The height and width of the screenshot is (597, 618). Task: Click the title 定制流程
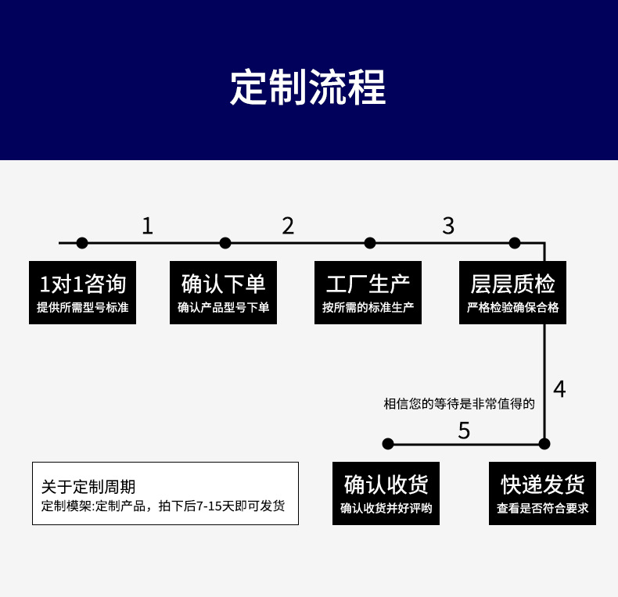point(308,88)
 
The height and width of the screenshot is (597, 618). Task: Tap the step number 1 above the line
point(147,226)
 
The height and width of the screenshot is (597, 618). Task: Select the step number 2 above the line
point(288,226)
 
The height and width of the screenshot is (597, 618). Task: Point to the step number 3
point(448,226)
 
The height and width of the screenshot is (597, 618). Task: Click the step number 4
point(559,389)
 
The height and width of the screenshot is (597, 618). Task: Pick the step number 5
point(464,431)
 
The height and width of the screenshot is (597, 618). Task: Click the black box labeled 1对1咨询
point(82,292)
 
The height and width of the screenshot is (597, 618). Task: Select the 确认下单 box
point(224,292)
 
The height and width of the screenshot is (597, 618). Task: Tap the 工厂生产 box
point(368,292)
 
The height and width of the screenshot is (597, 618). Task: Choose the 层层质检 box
point(512,292)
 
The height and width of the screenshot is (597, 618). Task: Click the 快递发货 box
point(542,493)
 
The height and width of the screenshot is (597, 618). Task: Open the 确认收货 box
point(386,493)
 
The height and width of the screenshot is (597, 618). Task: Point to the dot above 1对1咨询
point(82,243)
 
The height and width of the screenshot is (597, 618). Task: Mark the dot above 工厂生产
point(370,243)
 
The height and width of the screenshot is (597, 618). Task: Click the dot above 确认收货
point(388,444)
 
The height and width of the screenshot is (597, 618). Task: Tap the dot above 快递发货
point(544,444)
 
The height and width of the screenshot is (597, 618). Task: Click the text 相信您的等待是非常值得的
point(459,404)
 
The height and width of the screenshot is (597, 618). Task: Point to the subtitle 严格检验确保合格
point(512,308)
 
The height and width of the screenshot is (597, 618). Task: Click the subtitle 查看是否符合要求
point(542,509)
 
